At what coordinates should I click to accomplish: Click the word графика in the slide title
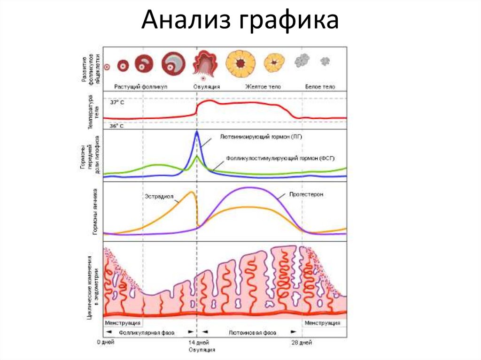point(290,22)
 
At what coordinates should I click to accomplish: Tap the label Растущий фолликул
point(140,87)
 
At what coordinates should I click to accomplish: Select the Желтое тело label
point(262,87)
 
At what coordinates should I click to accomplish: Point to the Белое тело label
point(320,87)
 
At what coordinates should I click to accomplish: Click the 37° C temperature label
point(117,102)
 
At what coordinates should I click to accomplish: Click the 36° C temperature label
point(117,126)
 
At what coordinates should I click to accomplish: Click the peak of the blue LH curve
point(197,133)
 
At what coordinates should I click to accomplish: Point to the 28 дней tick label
point(302,342)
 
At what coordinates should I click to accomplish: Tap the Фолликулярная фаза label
point(147,332)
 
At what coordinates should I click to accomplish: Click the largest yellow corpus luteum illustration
point(240,63)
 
